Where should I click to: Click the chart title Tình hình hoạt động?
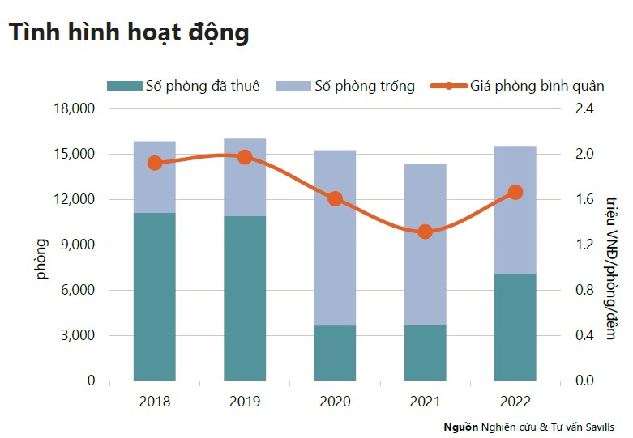128,32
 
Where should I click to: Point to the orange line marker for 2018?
155,163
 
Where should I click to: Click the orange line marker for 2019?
245,157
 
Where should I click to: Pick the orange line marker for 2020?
335,198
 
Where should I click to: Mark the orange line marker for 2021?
425,232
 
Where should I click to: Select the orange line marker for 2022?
515,192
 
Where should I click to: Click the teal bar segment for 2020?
335,353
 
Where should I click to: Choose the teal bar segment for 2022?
515,327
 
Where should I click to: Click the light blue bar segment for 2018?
155,177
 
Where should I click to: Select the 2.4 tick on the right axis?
584,108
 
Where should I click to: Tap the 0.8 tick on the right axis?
584,290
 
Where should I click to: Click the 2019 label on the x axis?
245,400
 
